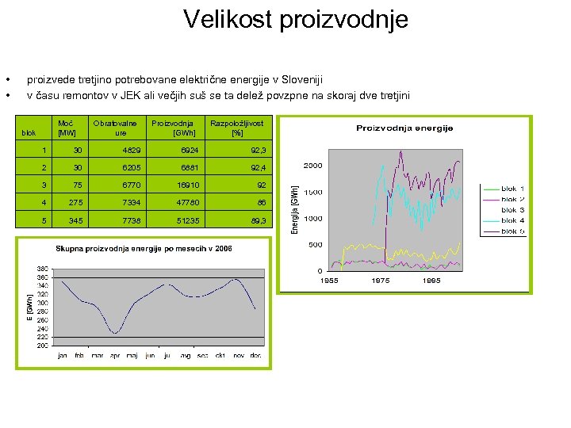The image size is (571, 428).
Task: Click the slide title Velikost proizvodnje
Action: [295, 19]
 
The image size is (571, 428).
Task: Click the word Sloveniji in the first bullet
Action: [304, 79]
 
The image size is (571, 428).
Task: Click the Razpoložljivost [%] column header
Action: [236, 128]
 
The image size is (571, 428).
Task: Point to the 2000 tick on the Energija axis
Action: [312, 166]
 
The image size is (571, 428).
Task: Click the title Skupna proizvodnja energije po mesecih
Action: [143, 248]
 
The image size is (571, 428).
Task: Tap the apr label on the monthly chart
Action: [115, 355]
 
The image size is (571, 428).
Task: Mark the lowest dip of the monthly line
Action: [116, 333]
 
